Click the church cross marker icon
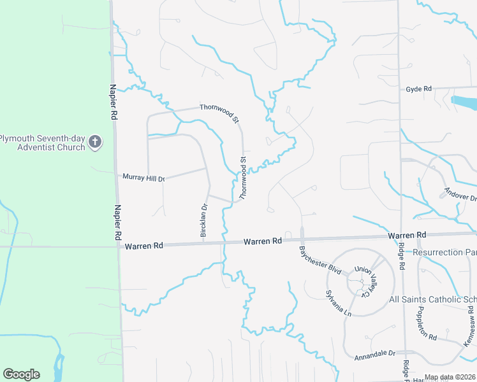tap(95, 141)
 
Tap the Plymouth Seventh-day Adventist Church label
tap(42, 143)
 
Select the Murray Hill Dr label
tap(143, 178)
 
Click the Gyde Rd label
tap(419, 89)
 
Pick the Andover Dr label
tap(460, 194)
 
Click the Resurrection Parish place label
tap(444, 252)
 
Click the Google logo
tap(21, 374)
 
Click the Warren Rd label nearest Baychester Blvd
tap(263, 242)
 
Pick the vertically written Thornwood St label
tap(242, 178)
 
